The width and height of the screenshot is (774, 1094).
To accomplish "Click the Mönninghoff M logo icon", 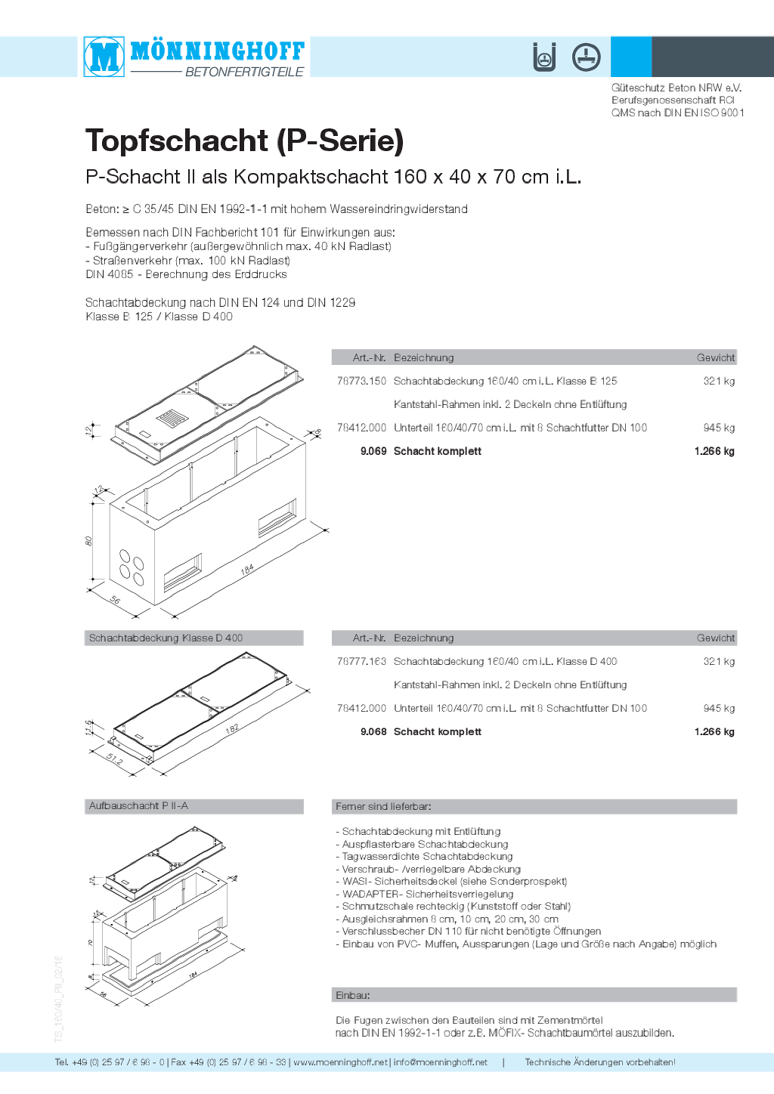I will pos(104,57).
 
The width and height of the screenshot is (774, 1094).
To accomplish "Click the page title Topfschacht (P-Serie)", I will pos(244,141).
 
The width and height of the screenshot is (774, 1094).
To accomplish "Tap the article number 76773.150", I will pos(361,382).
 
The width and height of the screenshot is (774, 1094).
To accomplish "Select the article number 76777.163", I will pos(361,662).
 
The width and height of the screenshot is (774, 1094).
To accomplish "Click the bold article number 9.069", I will pos(373,451).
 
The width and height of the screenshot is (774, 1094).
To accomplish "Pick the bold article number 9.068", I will pos(373,731).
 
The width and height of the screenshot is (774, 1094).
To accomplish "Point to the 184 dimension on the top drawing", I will pos(247,570).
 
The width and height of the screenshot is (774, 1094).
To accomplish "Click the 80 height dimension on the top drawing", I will pos(89,541).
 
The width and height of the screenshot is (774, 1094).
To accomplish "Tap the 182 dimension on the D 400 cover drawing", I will pos(232,728).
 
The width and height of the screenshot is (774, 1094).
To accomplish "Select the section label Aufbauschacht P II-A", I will pos(138,806).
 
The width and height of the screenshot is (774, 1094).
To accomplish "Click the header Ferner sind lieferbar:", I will pos(383,807).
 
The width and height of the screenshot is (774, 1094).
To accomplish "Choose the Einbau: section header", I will pos(353,995).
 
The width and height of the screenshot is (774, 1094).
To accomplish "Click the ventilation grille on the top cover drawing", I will pos(172,419).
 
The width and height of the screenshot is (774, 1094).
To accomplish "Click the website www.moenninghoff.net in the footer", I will pos(340,1062).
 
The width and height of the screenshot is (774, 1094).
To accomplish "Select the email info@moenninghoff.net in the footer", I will pos(440,1062).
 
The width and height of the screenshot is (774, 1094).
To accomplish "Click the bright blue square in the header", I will pos(631,57).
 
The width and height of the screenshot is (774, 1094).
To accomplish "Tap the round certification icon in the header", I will pos(586,57).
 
